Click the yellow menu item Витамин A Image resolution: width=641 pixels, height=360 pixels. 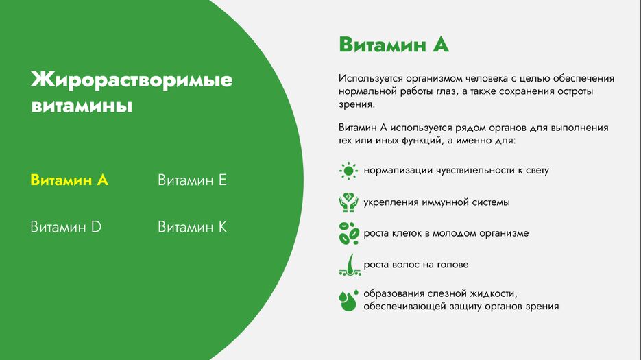tap(69, 180)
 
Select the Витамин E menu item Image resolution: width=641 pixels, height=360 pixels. tap(192, 180)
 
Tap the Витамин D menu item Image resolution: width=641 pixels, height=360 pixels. tap(66, 227)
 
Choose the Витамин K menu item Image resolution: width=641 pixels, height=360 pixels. tap(192, 227)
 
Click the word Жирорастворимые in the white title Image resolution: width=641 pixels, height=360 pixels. tap(132, 80)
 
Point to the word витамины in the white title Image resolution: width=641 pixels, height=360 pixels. tap(82, 106)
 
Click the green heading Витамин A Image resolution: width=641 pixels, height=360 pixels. tap(394, 44)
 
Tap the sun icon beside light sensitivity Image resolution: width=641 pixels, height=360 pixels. tap(348, 171)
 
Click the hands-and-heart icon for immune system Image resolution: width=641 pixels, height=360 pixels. tap(348, 202)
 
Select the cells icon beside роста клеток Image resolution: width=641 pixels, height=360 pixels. tap(349, 233)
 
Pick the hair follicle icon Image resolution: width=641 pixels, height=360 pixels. tap(350, 265)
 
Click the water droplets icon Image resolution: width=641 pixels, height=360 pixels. tap(349, 300)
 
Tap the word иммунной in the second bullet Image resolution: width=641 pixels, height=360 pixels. tap(443, 202)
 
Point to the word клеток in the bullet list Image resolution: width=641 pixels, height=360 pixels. tap(407, 233)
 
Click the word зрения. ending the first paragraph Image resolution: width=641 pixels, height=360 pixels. tap(356, 104)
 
